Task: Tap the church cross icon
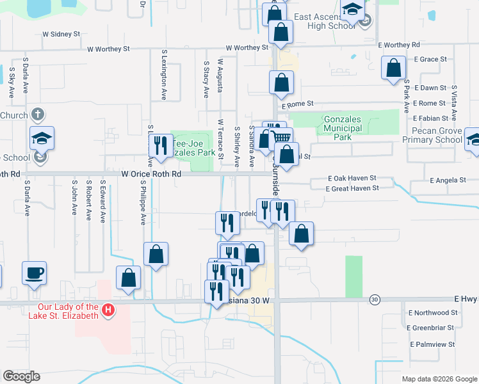38,115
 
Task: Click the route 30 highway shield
375,299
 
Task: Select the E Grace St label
429,59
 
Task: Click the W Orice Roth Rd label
151,173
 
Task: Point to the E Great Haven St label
352,188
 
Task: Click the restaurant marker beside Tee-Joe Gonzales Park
160,145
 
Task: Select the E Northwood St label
433,312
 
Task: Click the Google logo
22,376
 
